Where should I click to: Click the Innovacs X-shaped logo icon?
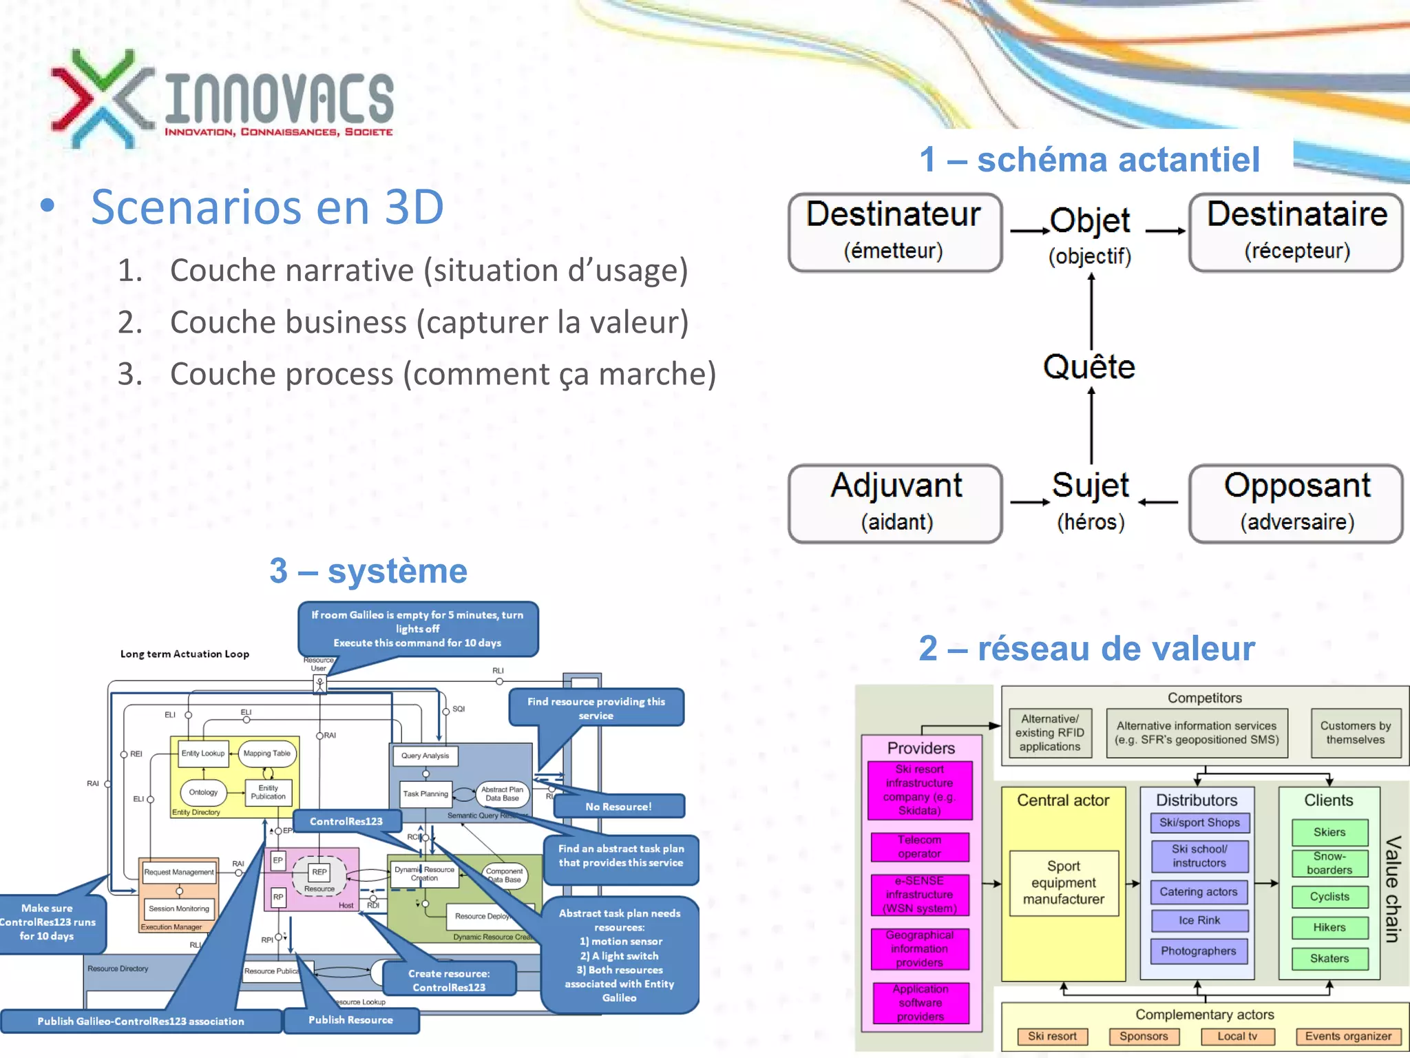pyautogui.click(x=102, y=98)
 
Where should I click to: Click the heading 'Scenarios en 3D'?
pyautogui.click(x=267, y=207)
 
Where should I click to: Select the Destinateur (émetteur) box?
pyautogui.click(x=894, y=232)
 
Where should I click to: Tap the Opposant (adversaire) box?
pyautogui.click(x=1296, y=504)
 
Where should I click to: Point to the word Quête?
pyautogui.click(x=1089, y=366)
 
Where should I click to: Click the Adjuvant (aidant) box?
pyautogui.click(x=895, y=504)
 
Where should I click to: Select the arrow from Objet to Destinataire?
pyautogui.click(x=1165, y=231)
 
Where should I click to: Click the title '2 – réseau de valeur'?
pyautogui.click(x=1086, y=648)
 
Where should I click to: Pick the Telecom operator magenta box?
pyautogui.click(x=919, y=847)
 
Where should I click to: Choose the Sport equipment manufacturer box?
pyautogui.click(x=1063, y=882)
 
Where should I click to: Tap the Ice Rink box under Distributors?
pyautogui.click(x=1199, y=920)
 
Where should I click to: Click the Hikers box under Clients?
pyautogui.click(x=1329, y=927)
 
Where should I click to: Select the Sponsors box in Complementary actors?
pyautogui.click(x=1143, y=1036)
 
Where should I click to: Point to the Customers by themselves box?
pyautogui.click(x=1355, y=733)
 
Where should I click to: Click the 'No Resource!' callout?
pyautogui.click(x=618, y=806)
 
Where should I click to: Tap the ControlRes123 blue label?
pyautogui.click(x=346, y=821)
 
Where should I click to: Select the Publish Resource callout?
pyautogui.click(x=350, y=1019)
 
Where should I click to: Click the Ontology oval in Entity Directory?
pyautogui.click(x=203, y=792)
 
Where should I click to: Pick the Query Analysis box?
pyautogui.click(x=425, y=756)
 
